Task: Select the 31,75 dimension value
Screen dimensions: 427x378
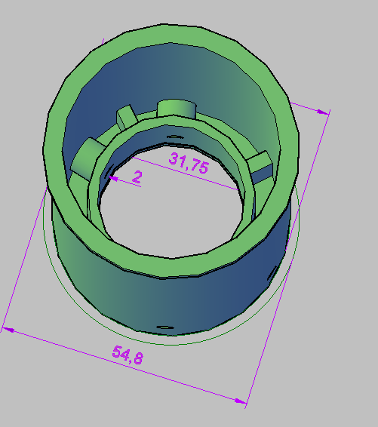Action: click(188, 164)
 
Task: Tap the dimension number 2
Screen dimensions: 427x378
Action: click(137, 177)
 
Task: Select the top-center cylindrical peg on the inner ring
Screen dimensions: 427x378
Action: click(177, 108)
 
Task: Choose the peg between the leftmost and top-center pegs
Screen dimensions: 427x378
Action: click(125, 117)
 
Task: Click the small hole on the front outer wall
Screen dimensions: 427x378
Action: click(162, 326)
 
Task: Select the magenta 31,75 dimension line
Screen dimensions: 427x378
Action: click(226, 177)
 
